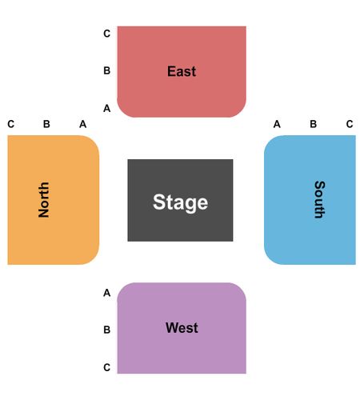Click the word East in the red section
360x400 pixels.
coord(182,71)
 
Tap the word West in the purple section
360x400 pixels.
coord(182,327)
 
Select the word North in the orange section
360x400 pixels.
coord(44,200)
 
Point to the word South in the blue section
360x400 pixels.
coord(320,200)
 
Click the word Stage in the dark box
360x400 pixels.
coord(180,202)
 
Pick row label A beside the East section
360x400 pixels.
coord(107,109)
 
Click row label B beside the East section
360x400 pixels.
coord(107,70)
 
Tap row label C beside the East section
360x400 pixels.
coord(107,34)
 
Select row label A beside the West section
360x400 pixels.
coord(107,293)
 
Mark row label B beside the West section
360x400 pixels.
coord(107,330)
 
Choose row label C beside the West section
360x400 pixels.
coord(107,367)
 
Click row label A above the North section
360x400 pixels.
coord(83,124)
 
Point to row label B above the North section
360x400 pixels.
coord(46,124)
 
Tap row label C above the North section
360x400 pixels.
coord(11,124)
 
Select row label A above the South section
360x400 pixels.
coord(277,124)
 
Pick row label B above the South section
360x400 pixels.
coord(314,124)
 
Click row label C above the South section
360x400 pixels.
coord(350,124)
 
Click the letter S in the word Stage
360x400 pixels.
coord(159,202)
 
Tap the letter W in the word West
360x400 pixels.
coord(172,327)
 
